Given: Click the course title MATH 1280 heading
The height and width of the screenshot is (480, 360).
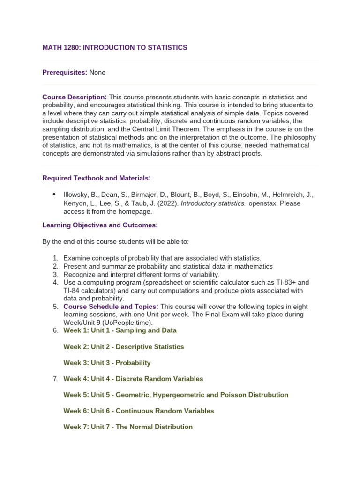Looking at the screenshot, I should click(115, 48).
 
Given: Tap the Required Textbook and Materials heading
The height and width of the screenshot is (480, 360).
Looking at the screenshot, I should click(97, 178).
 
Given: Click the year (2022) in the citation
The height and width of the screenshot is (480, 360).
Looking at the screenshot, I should click(168, 203).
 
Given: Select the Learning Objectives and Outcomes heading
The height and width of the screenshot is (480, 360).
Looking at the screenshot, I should click(100, 225).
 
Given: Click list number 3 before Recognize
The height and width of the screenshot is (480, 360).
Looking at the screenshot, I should click(55, 274).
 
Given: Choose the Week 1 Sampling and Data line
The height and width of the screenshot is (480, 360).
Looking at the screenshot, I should click(120, 330).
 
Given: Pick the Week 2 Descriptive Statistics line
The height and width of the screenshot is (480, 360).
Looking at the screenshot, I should click(124, 347).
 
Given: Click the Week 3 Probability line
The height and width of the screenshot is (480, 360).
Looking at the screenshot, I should click(107, 363).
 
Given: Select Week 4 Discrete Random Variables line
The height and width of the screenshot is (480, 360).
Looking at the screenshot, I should click(133, 379).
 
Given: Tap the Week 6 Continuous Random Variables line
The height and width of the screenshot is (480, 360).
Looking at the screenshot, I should click(139, 411).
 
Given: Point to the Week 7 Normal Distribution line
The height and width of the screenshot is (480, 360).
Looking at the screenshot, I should click(128, 427).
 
